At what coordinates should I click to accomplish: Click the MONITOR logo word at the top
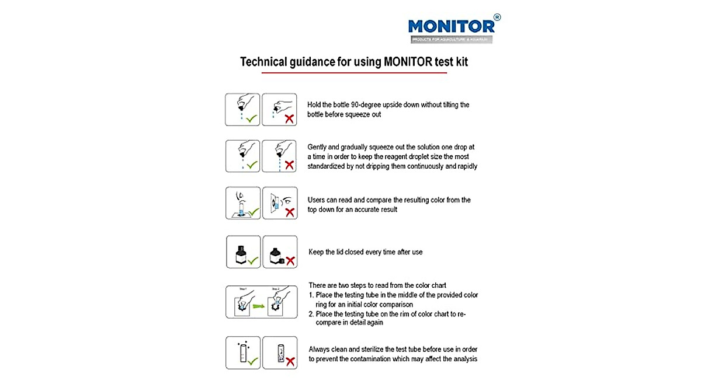tap(451, 26)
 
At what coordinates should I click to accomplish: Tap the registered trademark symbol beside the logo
tap(497, 18)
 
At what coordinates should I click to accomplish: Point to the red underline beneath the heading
tap(354, 73)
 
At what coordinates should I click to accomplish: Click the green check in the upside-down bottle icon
tap(252, 118)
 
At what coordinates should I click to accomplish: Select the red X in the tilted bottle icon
tap(289, 119)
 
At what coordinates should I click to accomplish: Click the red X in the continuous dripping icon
tap(289, 165)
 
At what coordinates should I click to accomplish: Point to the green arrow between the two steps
tap(257, 303)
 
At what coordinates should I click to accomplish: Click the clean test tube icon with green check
tap(241, 353)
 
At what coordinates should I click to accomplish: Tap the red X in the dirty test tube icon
tap(290, 361)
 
